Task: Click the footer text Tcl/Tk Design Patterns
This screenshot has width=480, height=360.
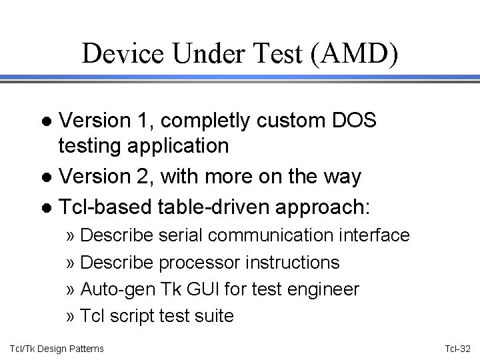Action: pos(57,349)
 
